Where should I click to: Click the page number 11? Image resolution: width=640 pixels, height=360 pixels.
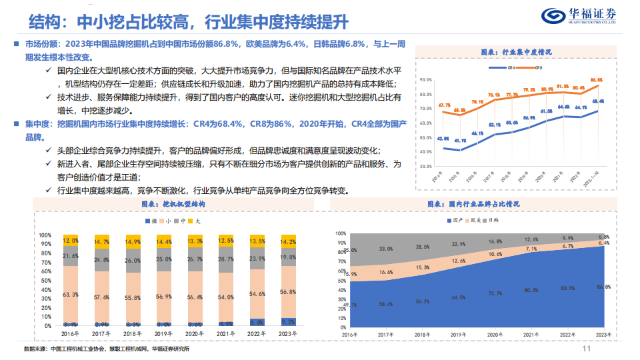point(587,349)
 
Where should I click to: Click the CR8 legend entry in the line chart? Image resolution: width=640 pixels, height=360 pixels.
point(534,67)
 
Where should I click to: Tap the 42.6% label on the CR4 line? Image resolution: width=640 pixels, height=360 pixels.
point(443,138)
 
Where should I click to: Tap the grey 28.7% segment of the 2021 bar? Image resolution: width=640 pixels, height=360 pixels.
point(226,259)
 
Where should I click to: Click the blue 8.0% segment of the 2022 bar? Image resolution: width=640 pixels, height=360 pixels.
point(257,322)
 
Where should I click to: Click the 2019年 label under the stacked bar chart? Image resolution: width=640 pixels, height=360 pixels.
point(164,333)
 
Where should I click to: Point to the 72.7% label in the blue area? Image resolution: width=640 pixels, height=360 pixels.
point(495,293)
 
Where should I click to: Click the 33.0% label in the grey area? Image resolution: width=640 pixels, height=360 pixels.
point(385,249)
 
